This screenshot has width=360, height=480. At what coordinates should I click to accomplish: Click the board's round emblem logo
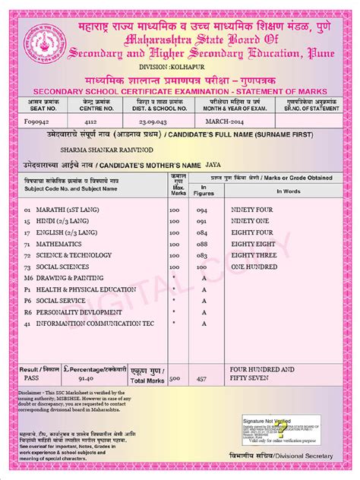pyautogui.click(x=41, y=42)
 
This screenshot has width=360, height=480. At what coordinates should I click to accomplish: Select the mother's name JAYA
pyautogui.click(x=214, y=164)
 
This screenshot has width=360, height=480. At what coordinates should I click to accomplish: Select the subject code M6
pyautogui.click(x=28, y=279)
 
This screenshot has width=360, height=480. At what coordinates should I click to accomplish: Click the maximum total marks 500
pyautogui.click(x=175, y=377)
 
